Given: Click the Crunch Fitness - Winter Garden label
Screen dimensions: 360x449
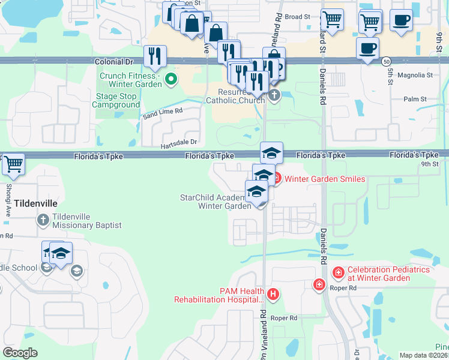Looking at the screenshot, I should (x=130, y=80).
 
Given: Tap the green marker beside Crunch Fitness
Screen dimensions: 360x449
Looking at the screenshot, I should (x=170, y=78).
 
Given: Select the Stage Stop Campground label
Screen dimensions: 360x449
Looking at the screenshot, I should (x=116, y=100).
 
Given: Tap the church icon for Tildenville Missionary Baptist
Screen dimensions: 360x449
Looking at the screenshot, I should (x=43, y=220).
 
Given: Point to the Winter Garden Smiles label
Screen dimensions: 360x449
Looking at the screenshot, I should (x=324, y=179).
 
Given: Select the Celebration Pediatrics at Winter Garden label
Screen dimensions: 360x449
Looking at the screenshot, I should (x=389, y=275).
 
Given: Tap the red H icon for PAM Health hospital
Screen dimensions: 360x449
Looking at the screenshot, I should (x=273, y=294).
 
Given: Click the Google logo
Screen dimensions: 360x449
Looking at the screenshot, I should (x=20, y=353).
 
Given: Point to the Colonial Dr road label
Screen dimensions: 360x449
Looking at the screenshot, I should (x=113, y=61).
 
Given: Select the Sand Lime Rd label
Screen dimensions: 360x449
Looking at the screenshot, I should (x=162, y=111).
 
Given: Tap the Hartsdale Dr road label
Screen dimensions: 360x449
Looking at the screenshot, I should (x=178, y=142).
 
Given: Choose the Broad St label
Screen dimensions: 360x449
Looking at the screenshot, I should (x=297, y=17).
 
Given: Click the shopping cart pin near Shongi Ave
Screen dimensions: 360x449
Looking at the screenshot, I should (x=13, y=164).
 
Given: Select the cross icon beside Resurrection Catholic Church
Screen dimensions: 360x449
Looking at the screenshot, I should (x=274, y=95).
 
